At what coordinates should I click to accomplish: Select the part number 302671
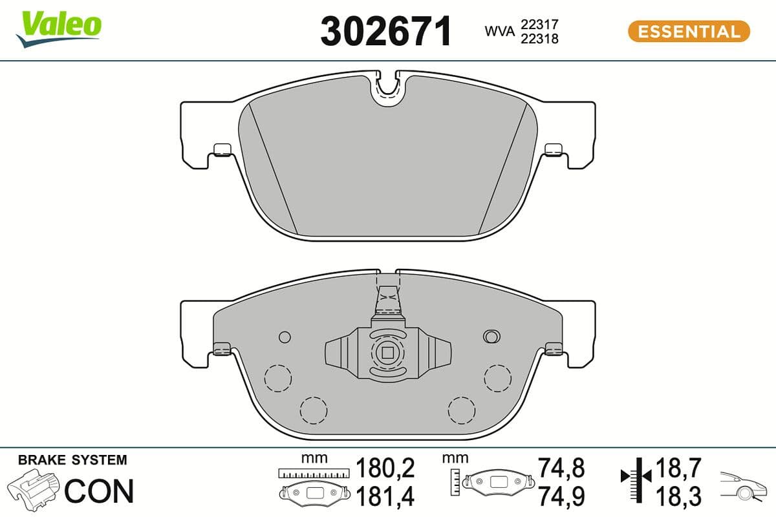coord(386,32)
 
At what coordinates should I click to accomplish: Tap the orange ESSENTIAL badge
coord(689,31)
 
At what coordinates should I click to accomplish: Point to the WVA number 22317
coord(539,24)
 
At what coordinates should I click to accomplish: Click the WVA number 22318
coord(539,38)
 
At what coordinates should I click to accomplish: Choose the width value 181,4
coord(386,496)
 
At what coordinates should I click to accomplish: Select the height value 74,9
coord(561,496)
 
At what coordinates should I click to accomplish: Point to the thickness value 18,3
coord(679,496)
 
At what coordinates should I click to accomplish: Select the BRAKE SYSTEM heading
coord(72,460)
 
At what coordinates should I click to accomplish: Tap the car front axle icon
coord(744,484)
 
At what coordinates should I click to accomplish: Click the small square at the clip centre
coord(387,352)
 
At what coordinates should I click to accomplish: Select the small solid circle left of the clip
coord(284,336)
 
